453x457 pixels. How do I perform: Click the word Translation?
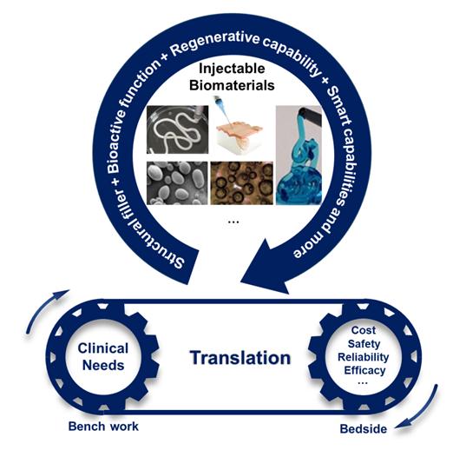pyautogui.click(x=240, y=358)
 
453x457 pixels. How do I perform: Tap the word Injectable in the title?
pyautogui.click(x=232, y=69)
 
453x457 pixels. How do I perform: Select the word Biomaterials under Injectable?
pyautogui.click(x=232, y=85)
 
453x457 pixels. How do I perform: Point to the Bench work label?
pyautogui.click(x=103, y=427)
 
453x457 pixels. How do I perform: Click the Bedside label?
pyautogui.click(x=364, y=428)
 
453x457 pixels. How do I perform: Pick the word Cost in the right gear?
pyautogui.click(x=363, y=330)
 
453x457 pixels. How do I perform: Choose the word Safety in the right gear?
pyautogui.click(x=364, y=344)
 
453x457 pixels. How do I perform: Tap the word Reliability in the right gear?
pyautogui.click(x=363, y=357)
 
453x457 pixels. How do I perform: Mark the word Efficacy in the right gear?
pyautogui.click(x=364, y=370)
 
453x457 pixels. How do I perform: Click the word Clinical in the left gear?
pyautogui.click(x=103, y=348)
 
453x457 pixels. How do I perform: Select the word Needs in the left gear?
pyautogui.click(x=103, y=365)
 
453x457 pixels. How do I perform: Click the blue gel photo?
pyautogui.click(x=299, y=155)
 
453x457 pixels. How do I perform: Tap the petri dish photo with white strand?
pyautogui.click(x=177, y=129)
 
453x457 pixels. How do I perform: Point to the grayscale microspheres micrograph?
pyautogui.click(x=177, y=183)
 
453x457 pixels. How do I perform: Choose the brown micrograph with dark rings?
pyautogui.click(x=242, y=183)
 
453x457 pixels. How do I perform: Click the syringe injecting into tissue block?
pyautogui.click(x=237, y=126)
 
